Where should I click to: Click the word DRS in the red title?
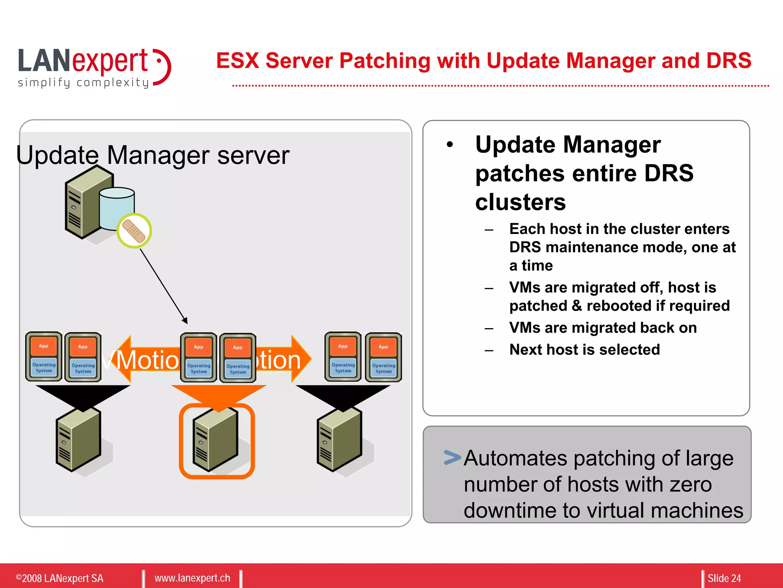point(728,61)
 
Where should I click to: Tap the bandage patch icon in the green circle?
point(134,231)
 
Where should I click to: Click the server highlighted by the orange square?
point(216,440)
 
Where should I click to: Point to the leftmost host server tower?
point(78,440)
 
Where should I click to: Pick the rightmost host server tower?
point(339,440)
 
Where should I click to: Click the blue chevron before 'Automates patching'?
point(452,457)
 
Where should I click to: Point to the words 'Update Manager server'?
point(153,155)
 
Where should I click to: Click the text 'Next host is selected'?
point(585,350)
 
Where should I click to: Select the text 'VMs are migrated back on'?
point(603,328)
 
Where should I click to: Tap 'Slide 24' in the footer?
point(724,578)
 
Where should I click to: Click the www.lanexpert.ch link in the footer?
point(192,578)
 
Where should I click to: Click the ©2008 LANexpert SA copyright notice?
point(60,578)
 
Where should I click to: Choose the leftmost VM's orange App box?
point(44,346)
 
